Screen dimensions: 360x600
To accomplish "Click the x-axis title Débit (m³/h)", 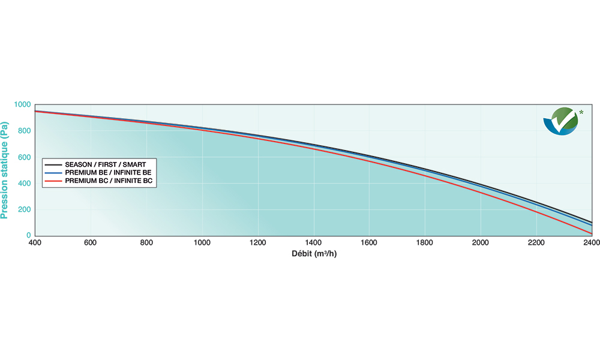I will [x=314, y=253].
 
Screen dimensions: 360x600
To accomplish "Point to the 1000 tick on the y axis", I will [x=22, y=105].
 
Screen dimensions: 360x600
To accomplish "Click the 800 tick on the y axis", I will [x=24, y=131].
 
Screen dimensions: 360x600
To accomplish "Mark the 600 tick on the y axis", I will [x=24, y=158].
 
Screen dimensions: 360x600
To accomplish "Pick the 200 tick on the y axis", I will [x=24, y=210].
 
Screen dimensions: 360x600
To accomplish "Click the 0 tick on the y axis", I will [x=28, y=236].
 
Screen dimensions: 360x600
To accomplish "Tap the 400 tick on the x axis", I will [x=34, y=242].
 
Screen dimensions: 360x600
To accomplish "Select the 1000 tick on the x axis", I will [x=203, y=242].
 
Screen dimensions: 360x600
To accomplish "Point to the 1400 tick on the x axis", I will [x=314, y=242].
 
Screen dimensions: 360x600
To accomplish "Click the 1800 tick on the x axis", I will [x=425, y=242].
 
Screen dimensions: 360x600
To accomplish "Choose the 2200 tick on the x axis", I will [x=536, y=242].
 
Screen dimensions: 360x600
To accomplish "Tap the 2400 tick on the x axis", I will [x=590, y=242].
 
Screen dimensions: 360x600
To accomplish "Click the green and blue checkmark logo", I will [x=560, y=121].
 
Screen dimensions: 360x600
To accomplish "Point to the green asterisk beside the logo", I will [x=581, y=112].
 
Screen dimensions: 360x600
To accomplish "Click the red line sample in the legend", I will [x=54, y=181].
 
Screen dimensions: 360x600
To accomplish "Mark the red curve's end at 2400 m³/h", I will [x=591, y=233].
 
